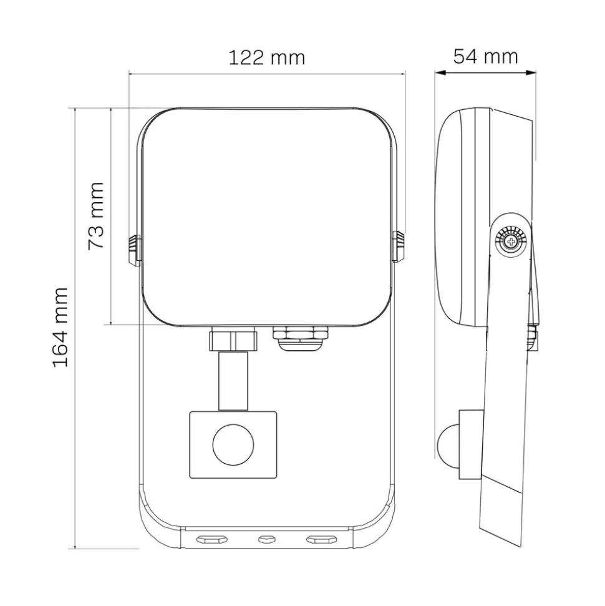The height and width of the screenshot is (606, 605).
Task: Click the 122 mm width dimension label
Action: [266, 58]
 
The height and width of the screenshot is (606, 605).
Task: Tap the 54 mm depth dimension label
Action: [485, 56]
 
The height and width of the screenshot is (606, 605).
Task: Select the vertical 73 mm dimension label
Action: [96, 216]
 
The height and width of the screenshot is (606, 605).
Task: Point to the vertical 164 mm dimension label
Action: [60, 326]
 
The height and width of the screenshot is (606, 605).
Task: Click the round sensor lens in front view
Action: [233, 444]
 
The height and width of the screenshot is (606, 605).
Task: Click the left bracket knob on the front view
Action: [134, 250]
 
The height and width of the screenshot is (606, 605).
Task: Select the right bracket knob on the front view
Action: [399, 246]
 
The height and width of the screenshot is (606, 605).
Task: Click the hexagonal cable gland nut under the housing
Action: [301, 333]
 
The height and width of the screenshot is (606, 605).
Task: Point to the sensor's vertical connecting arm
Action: [233, 381]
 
